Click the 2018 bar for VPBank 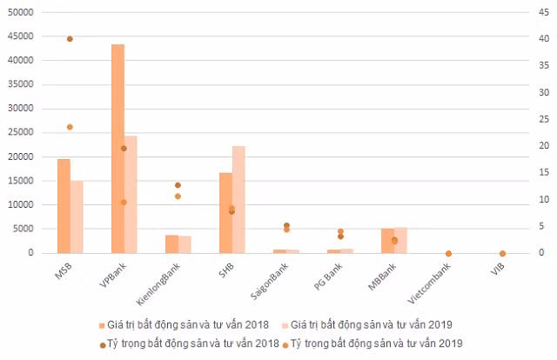pos(117,148)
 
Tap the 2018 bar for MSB pos(64,206)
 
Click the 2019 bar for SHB pos(238,199)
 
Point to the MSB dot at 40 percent pos(70,39)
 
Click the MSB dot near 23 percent pos(70,127)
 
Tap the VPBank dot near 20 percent pos(124,149)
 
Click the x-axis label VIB pos(497,267)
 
